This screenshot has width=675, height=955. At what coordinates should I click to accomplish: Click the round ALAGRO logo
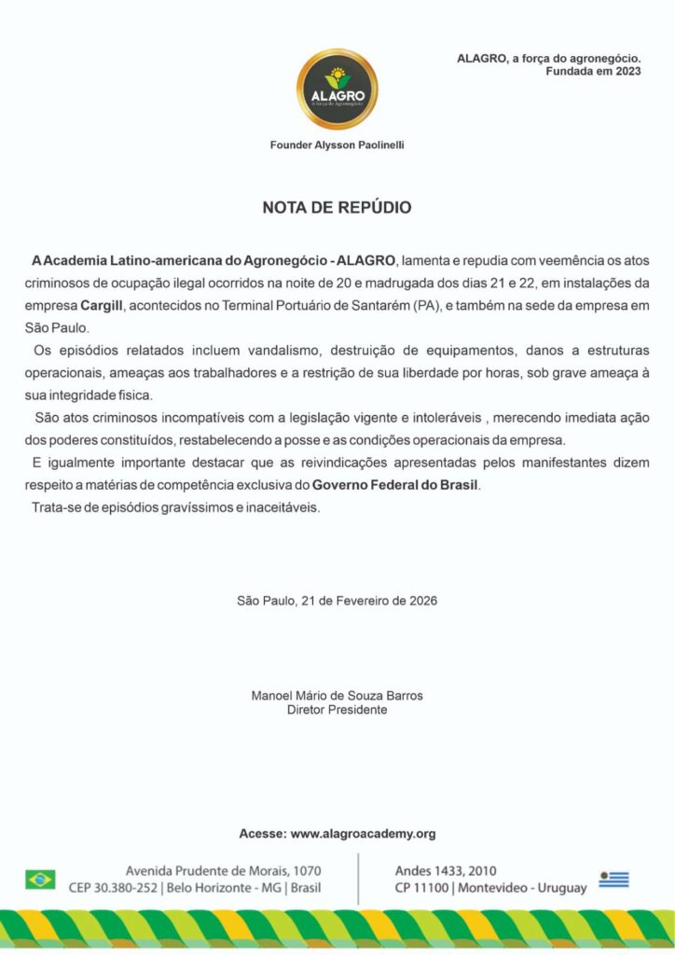337,90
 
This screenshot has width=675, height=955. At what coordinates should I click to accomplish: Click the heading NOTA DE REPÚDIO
337,208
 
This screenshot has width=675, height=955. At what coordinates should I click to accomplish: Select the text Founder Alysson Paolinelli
337,145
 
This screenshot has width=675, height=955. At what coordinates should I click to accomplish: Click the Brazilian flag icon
40,879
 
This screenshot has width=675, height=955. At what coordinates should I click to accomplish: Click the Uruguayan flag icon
613,879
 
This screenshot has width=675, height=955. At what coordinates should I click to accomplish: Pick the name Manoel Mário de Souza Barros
337,696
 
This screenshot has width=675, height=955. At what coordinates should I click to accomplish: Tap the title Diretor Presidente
337,710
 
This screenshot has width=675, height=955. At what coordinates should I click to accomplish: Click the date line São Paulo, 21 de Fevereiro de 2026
337,601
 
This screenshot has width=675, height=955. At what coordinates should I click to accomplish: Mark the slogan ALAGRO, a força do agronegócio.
548,58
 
